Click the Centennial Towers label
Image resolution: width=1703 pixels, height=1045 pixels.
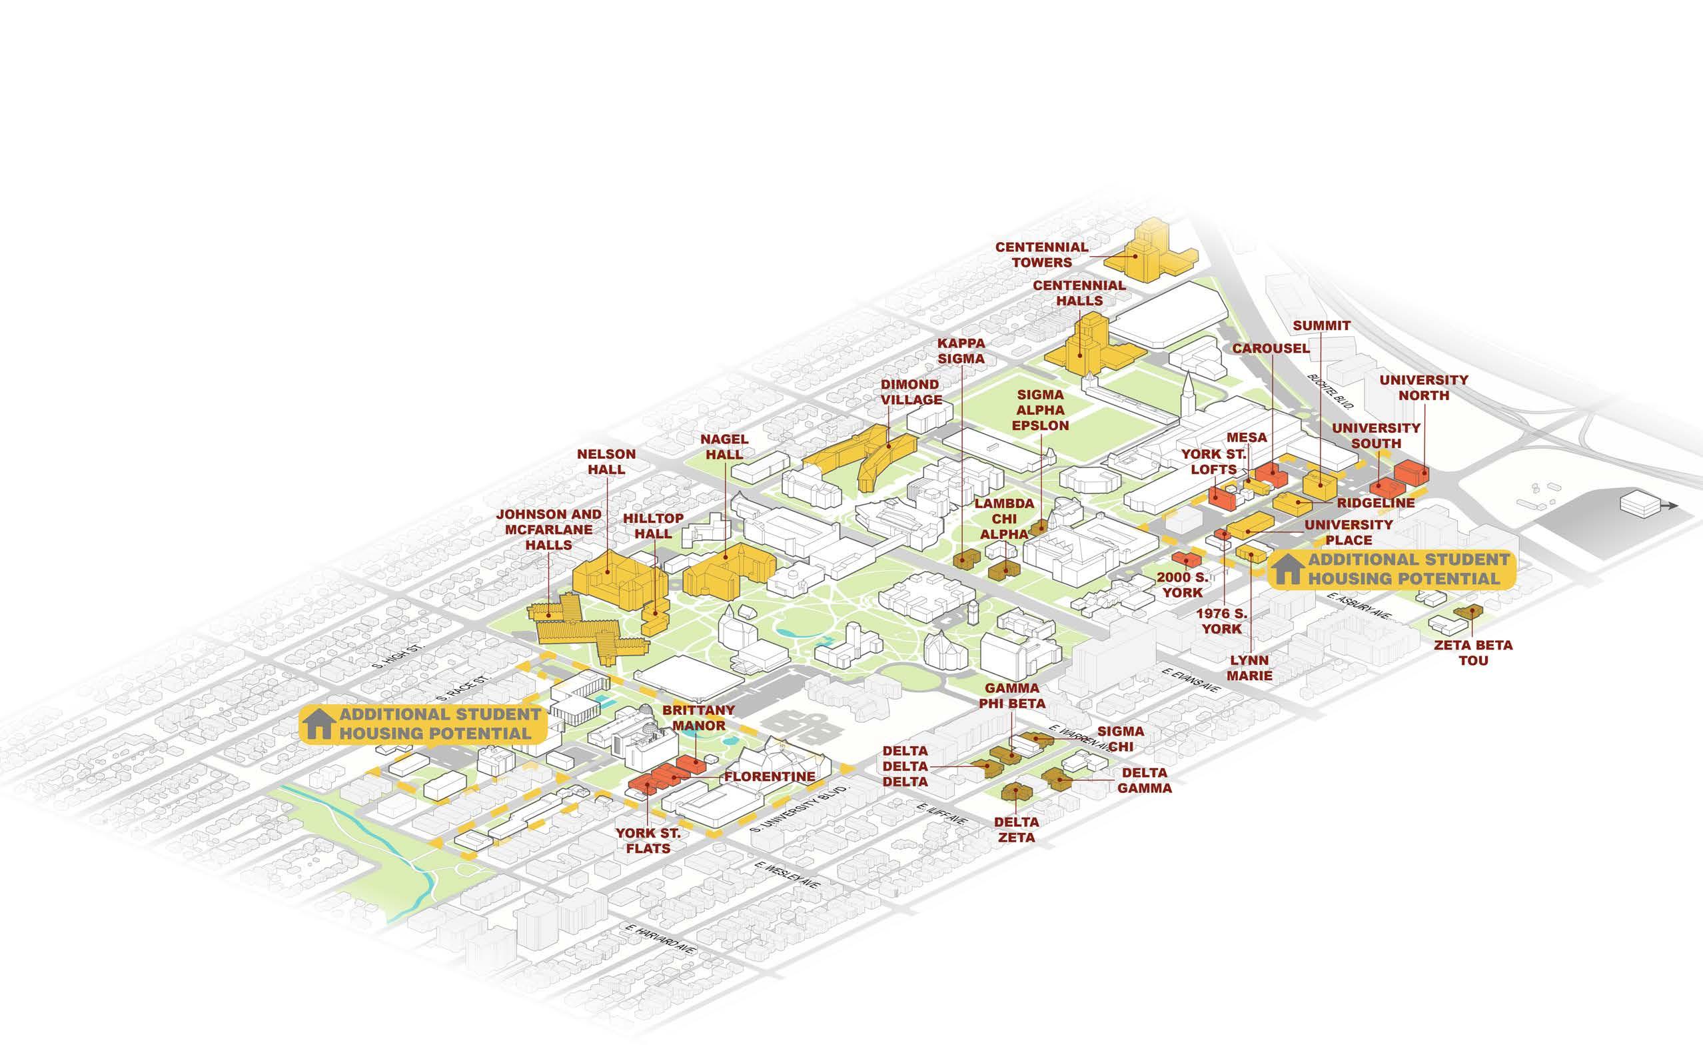pos(1041,255)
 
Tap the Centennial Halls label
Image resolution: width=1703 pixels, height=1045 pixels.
pos(1079,293)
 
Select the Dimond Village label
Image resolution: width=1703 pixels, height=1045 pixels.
pos(911,391)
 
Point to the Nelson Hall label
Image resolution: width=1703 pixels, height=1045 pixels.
pos(606,461)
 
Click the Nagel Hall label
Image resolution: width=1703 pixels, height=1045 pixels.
pos(724,447)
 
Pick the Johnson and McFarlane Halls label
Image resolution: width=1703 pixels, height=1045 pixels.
pos(549,529)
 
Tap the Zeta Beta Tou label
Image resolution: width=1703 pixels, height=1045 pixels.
pos(1473,652)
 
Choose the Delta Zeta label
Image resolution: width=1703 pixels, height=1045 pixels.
pos(1016,829)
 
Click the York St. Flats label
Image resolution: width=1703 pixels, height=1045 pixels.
pos(648,840)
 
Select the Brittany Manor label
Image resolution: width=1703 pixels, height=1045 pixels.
pos(698,717)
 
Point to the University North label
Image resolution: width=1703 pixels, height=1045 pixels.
pos(1424,387)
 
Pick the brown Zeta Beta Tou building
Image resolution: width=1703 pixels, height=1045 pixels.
pos(1466,612)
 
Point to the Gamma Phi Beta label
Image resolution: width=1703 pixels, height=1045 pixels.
pos(1012,696)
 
